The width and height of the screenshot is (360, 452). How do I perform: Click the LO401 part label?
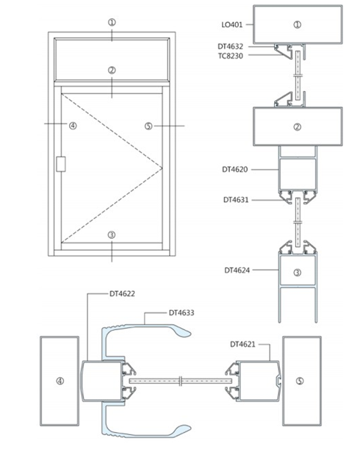(232, 25)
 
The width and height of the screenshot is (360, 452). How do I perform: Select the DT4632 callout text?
(230, 46)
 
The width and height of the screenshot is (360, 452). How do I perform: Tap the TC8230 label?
(230, 56)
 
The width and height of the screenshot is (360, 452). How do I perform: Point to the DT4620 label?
(235, 170)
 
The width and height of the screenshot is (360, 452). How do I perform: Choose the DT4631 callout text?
(236, 200)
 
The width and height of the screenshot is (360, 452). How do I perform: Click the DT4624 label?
(237, 270)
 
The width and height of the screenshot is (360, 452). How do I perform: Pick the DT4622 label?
(122, 294)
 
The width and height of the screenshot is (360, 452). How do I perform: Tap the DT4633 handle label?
(181, 313)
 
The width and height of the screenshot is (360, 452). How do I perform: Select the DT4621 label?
(242, 344)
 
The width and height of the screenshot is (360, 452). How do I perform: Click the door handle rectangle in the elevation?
(61, 164)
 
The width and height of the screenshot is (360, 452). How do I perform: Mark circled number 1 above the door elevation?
(112, 22)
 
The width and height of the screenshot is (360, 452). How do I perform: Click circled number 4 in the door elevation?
(73, 126)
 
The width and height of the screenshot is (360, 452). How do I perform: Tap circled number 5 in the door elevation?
(148, 126)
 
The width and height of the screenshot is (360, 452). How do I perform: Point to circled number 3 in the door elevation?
(112, 235)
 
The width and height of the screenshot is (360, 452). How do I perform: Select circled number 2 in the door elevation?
(112, 70)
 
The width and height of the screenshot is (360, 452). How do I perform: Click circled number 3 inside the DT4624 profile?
(297, 273)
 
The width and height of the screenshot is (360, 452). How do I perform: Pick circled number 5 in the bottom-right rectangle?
(300, 381)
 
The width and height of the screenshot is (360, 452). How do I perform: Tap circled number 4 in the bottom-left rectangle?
(60, 381)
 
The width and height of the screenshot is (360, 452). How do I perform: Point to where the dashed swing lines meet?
(162, 168)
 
